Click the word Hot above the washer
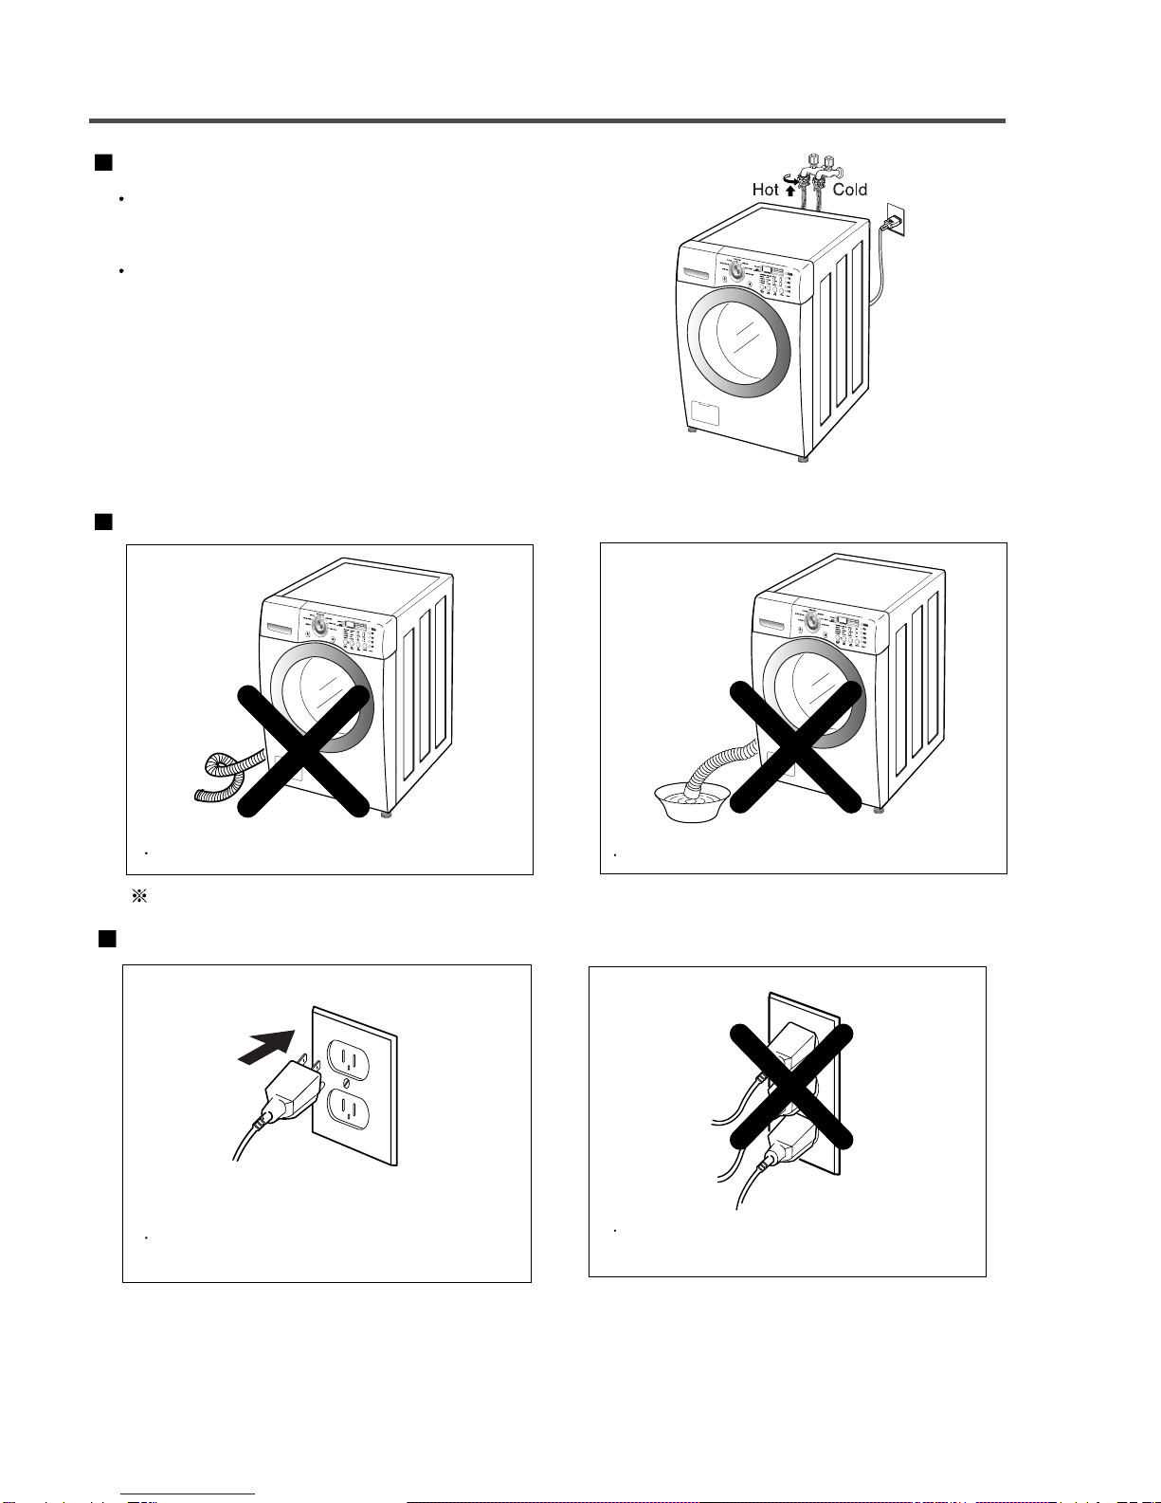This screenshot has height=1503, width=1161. [765, 190]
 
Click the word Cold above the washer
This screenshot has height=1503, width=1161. [849, 190]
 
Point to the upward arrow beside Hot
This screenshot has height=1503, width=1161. [789, 190]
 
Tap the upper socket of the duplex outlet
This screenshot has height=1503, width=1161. [345, 1055]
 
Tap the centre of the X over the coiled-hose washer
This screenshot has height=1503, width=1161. [302, 750]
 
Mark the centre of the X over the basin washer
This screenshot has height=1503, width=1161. [795, 748]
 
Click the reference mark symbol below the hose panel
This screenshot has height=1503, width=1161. [137, 896]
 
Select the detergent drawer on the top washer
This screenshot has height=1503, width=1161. [698, 275]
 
